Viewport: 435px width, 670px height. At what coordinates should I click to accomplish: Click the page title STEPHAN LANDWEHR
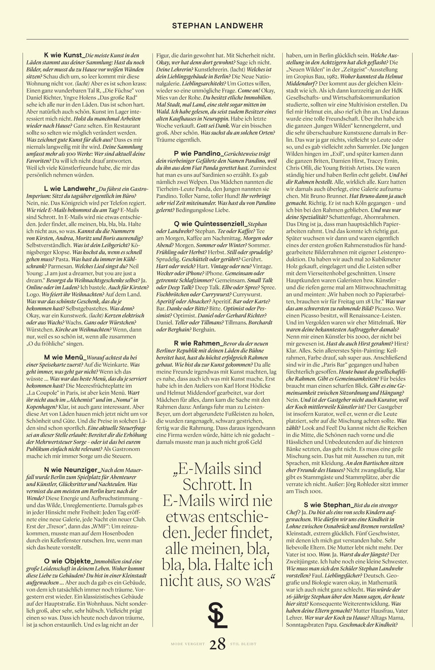point(217,26)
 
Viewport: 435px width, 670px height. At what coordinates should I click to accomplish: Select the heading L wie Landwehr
point(70,188)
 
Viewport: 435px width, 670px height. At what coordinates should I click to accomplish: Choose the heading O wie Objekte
point(67,561)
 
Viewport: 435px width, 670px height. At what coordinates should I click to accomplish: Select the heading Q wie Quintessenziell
point(209,223)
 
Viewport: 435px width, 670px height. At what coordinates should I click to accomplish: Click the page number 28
point(217,644)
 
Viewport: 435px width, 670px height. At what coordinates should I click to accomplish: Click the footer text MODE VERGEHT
point(187,644)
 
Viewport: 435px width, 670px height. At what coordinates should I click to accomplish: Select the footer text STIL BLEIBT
point(243,644)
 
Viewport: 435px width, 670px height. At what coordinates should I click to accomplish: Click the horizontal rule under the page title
point(217,39)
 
